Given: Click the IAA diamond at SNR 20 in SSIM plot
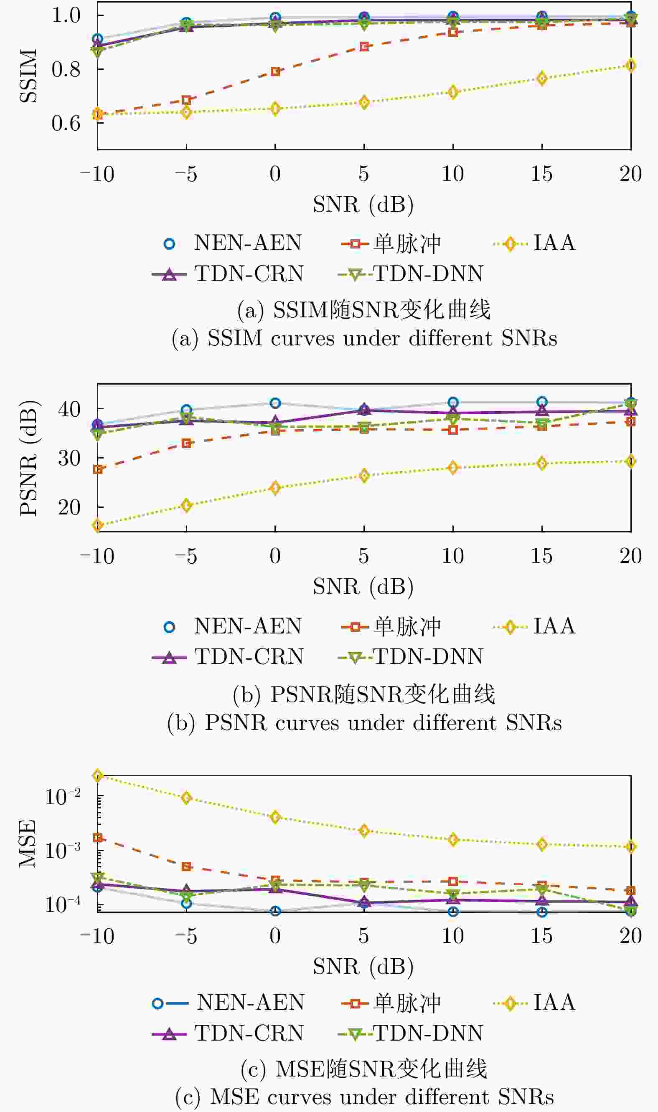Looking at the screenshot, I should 630,66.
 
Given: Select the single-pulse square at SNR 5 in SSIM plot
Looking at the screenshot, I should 364,46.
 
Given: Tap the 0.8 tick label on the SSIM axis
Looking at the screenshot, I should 66,69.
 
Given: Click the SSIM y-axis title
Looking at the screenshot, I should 28,76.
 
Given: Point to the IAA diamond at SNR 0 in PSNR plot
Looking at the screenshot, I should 275,488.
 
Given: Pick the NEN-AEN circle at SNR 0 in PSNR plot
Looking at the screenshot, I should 275,403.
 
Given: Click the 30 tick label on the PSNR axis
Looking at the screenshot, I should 69,458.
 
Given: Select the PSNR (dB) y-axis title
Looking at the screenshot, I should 28,458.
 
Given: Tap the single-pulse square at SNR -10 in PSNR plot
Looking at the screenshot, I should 97,469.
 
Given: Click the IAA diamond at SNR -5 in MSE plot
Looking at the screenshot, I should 186,798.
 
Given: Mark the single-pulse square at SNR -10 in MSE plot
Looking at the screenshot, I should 97,838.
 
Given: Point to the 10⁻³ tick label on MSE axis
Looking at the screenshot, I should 63,850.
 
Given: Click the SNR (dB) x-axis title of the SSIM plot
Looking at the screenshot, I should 363,204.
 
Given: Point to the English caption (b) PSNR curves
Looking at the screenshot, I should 364,723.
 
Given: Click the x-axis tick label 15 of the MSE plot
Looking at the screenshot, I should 541,936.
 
